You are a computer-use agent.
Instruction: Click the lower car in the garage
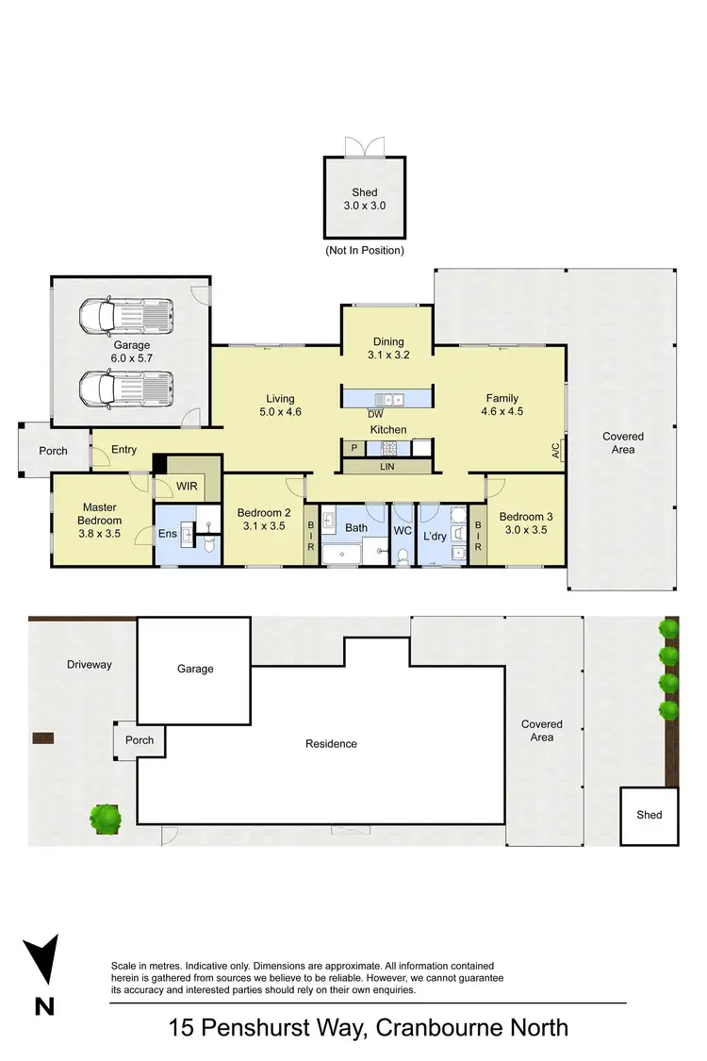[x=126, y=388]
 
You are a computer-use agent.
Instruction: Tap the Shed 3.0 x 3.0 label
[x=365, y=199]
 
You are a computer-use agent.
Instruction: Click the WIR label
[x=187, y=487]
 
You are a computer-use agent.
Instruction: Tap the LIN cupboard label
[x=386, y=466]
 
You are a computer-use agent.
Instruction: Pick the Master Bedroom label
[x=101, y=514]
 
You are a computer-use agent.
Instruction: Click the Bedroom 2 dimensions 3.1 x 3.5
[x=263, y=526]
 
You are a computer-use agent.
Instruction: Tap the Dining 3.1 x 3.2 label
[x=387, y=348]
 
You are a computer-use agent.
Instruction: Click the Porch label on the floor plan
[x=54, y=451]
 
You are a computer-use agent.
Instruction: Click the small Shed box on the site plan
[x=649, y=815]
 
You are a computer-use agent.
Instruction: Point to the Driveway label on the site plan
[x=90, y=665]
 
